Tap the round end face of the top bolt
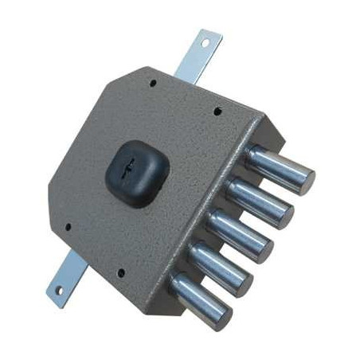301,182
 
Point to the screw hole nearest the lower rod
67,227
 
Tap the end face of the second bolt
281,214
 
